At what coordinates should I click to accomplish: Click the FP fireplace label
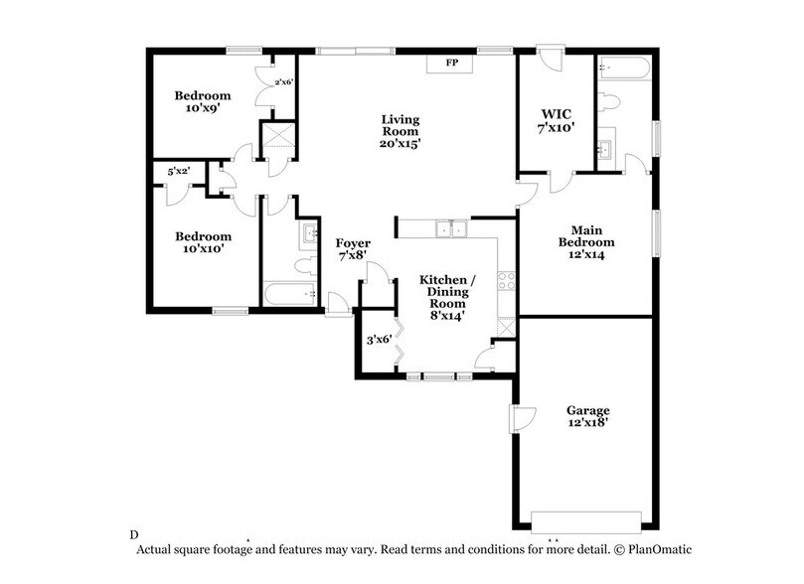tap(450, 64)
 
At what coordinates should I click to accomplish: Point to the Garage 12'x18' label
tap(587, 416)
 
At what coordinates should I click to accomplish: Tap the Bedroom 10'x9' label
tap(203, 102)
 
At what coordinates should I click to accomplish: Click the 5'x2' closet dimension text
tap(179, 172)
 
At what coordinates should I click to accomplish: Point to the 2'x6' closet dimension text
tap(284, 82)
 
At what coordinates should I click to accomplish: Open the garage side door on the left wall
tap(518, 418)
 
